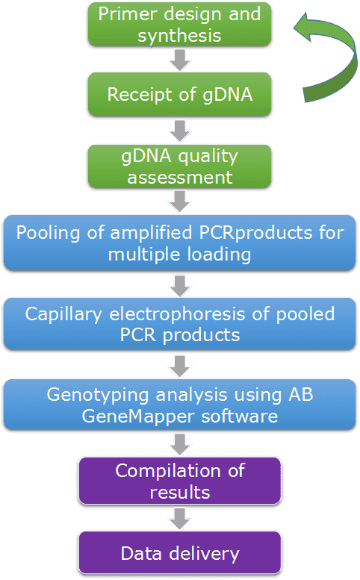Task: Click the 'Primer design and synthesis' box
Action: (x=179, y=25)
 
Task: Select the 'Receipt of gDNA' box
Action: (x=179, y=94)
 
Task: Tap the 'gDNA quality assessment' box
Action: (x=179, y=166)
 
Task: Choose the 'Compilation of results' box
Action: (x=180, y=481)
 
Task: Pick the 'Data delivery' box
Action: (x=180, y=553)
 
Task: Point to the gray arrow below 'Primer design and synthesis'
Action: (x=180, y=60)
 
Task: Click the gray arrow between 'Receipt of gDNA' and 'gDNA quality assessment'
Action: (x=180, y=131)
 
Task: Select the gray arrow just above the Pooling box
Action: (x=180, y=202)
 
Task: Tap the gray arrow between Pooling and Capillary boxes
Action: (x=180, y=286)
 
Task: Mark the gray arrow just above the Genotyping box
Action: (x=180, y=367)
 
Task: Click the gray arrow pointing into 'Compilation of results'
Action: (x=180, y=445)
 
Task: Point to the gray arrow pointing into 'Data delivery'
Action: (x=180, y=519)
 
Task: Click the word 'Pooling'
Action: (x=48, y=234)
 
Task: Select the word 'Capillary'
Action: (x=63, y=314)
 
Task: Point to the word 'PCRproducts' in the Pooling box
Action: (x=255, y=234)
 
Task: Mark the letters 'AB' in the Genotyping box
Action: (x=301, y=394)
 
